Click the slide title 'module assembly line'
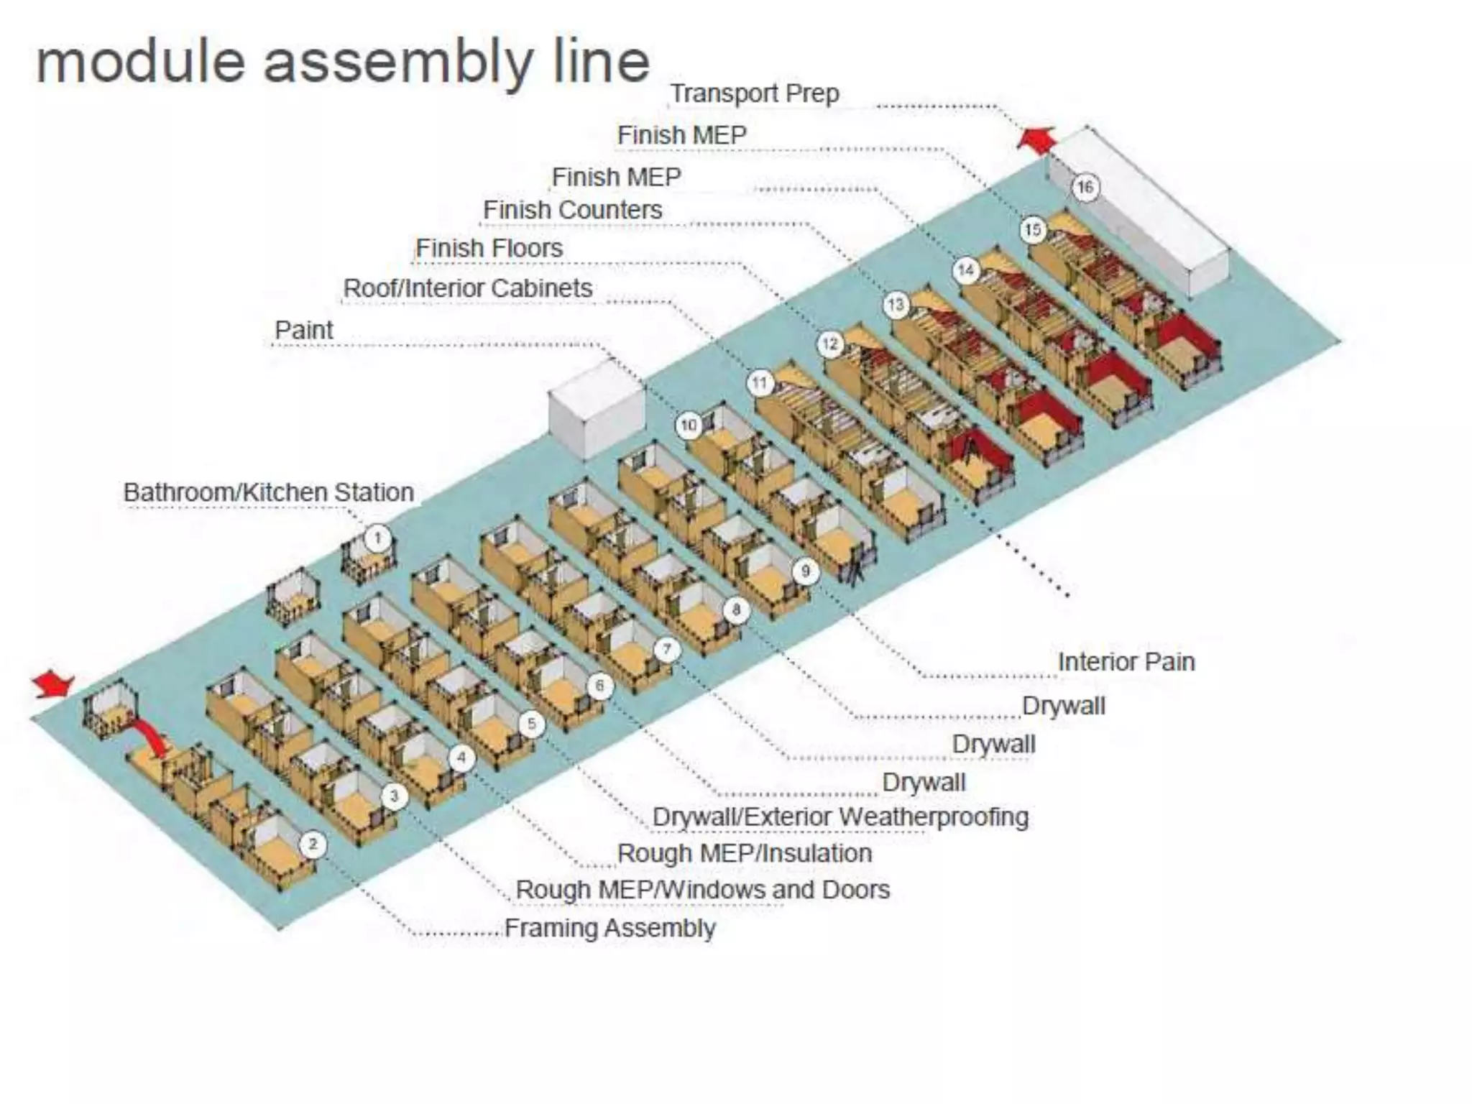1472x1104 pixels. click(x=343, y=62)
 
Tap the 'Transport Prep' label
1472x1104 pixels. click(x=754, y=93)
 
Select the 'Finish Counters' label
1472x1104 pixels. click(x=572, y=210)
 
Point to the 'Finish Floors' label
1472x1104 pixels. click(x=489, y=248)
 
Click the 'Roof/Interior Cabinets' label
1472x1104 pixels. click(x=467, y=288)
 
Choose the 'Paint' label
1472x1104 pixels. click(x=303, y=330)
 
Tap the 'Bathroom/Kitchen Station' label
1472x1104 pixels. click(x=268, y=492)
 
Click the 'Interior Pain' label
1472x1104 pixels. click(x=1126, y=661)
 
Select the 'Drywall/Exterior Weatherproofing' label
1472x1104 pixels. click(x=840, y=816)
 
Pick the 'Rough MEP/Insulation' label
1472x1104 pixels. click(x=745, y=853)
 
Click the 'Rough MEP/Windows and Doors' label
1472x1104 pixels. click(x=702, y=890)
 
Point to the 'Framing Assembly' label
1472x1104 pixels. click(x=609, y=928)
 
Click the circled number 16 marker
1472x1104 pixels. click(x=1085, y=188)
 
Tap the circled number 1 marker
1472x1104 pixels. click(x=377, y=538)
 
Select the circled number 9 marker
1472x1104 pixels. click(x=805, y=571)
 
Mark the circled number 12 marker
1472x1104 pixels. click(x=830, y=344)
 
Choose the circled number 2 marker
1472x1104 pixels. click(x=312, y=844)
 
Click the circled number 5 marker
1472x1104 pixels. click(x=531, y=723)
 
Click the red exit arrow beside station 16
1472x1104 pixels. click(x=1037, y=139)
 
